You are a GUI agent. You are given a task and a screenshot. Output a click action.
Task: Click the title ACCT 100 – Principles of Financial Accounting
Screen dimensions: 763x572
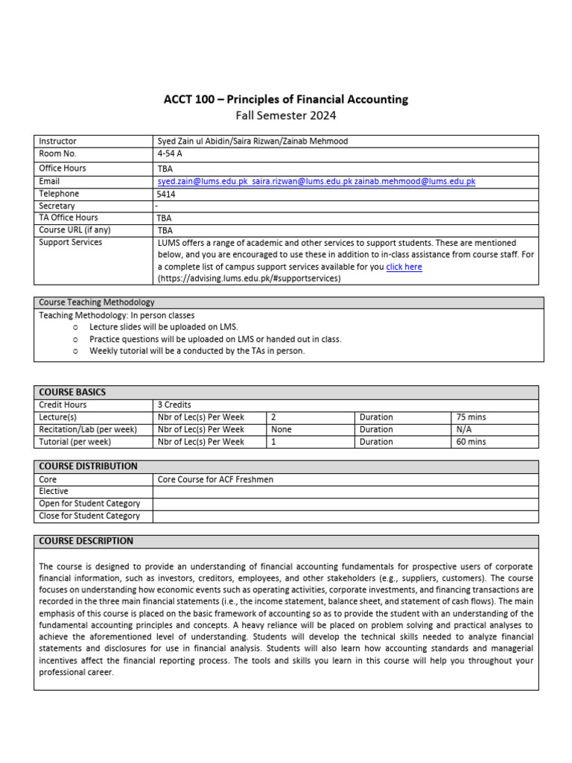(x=286, y=99)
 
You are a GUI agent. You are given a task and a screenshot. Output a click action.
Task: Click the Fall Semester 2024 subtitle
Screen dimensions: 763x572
(x=286, y=115)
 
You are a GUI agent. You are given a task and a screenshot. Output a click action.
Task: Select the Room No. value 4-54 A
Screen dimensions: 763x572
(x=170, y=153)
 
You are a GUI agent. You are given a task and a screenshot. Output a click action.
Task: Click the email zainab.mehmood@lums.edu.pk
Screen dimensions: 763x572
(x=415, y=181)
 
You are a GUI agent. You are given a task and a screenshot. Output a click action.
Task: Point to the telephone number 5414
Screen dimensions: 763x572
(x=167, y=194)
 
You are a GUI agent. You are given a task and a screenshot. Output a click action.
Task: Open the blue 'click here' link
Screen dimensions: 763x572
(x=404, y=267)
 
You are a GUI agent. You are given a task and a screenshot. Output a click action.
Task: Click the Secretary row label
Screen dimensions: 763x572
(x=57, y=206)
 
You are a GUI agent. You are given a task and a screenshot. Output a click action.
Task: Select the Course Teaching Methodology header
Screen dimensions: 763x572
(x=97, y=303)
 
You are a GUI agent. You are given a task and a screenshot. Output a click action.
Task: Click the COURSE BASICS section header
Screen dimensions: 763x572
(x=72, y=392)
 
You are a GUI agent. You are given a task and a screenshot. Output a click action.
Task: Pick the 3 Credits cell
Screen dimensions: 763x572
(x=175, y=405)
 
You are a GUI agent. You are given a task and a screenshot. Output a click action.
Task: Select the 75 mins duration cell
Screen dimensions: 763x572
(x=471, y=417)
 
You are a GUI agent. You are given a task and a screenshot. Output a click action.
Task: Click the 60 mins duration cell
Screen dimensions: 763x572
(x=471, y=442)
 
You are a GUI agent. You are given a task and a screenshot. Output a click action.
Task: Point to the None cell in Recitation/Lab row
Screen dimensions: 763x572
(x=282, y=429)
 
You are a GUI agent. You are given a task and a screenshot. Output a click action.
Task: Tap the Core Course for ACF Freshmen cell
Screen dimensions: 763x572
(x=215, y=479)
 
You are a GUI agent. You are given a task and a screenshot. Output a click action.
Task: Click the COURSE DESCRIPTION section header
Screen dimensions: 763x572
(x=86, y=541)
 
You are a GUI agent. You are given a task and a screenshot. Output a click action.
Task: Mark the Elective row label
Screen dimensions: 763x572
(x=54, y=492)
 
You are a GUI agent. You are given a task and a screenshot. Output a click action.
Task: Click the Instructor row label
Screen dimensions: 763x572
(x=57, y=141)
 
